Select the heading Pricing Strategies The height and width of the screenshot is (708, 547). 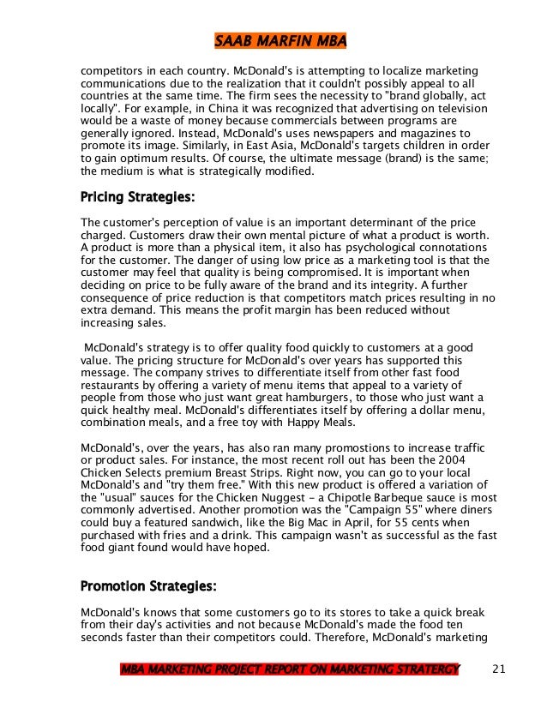click(x=137, y=198)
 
